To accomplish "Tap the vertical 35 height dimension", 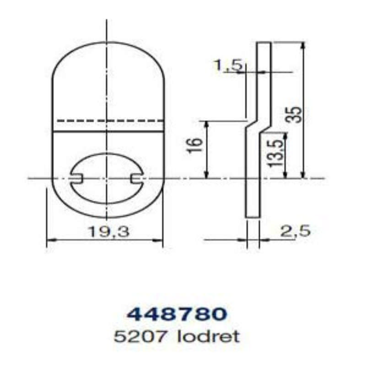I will pos(296,114).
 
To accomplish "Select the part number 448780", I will pos(177,314).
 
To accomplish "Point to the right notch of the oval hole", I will pos(136,178).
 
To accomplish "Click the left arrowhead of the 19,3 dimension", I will pos(49,239).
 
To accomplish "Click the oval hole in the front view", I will pos(106,178).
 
